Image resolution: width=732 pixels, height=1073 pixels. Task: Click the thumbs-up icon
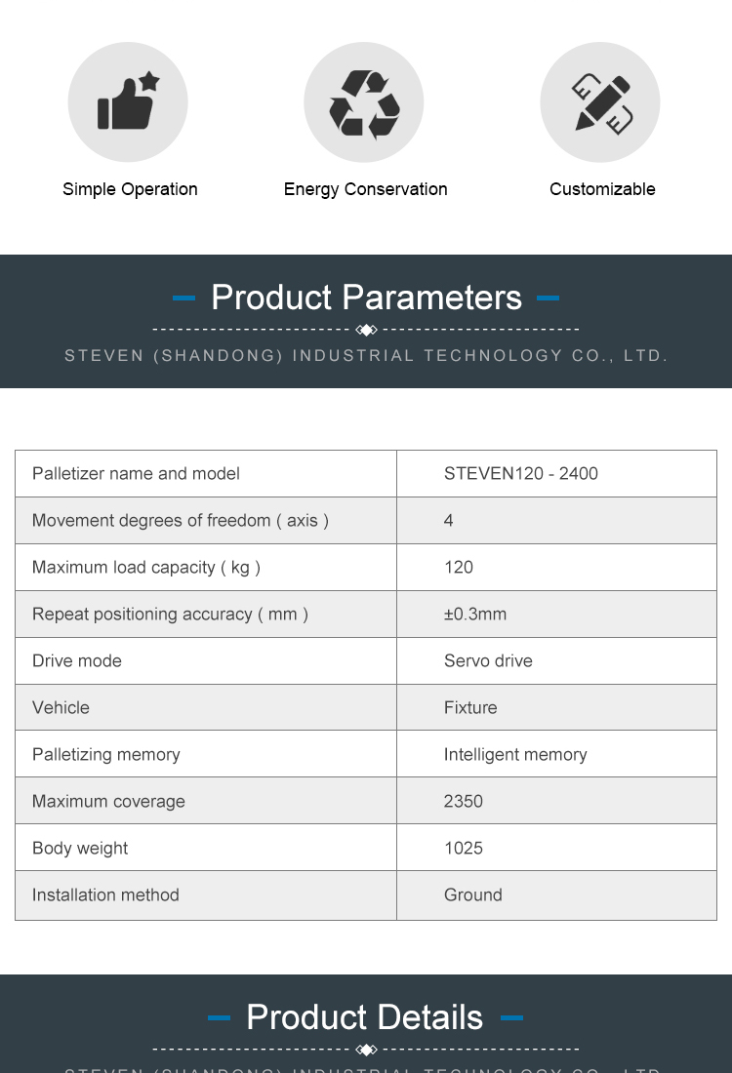tap(128, 101)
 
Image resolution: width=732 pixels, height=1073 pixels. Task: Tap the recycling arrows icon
tap(364, 102)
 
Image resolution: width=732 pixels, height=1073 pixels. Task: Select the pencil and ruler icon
tap(601, 102)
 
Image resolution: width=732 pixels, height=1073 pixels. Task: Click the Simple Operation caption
tap(130, 189)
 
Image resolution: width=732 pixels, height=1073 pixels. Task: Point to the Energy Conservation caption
tap(365, 189)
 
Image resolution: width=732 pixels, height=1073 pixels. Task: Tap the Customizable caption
tap(602, 189)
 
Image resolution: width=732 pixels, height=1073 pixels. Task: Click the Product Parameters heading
tap(366, 298)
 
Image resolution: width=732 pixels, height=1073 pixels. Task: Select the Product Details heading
tap(365, 1017)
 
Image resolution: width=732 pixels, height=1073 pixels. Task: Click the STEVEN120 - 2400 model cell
tap(520, 474)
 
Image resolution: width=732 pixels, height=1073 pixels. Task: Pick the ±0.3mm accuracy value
tap(474, 615)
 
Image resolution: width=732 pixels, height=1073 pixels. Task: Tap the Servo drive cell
tap(488, 661)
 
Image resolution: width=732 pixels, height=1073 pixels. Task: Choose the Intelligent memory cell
tap(515, 755)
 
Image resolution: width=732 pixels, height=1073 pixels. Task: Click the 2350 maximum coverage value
tap(464, 802)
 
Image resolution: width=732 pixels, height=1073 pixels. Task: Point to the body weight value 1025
tap(464, 849)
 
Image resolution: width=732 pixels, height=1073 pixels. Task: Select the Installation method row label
tap(105, 895)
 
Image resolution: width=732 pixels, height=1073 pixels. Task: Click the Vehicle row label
tap(61, 708)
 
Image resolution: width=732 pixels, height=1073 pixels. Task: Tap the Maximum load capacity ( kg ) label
tap(146, 568)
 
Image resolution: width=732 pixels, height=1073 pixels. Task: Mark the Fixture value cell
tap(470, 708)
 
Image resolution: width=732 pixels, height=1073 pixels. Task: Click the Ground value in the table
tap(473, 895)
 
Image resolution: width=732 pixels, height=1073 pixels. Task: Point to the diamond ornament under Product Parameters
tap(366, 330)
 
